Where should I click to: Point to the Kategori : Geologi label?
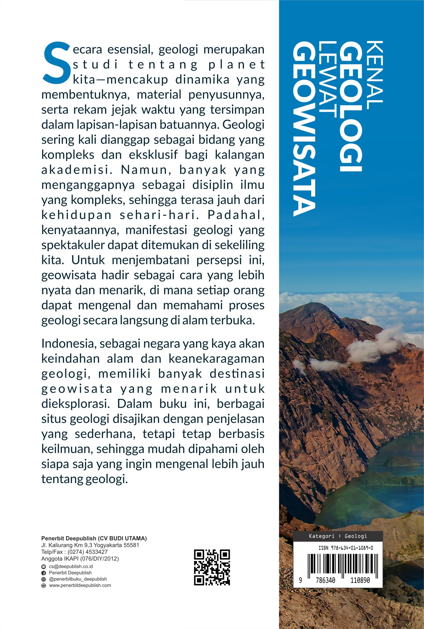338,536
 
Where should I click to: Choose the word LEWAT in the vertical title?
327,80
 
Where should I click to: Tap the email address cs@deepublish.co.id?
71,567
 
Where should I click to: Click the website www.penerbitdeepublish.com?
80,586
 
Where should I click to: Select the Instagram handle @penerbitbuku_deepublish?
78,579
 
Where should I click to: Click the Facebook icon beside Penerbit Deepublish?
43,573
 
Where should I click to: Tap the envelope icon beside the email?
43,567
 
